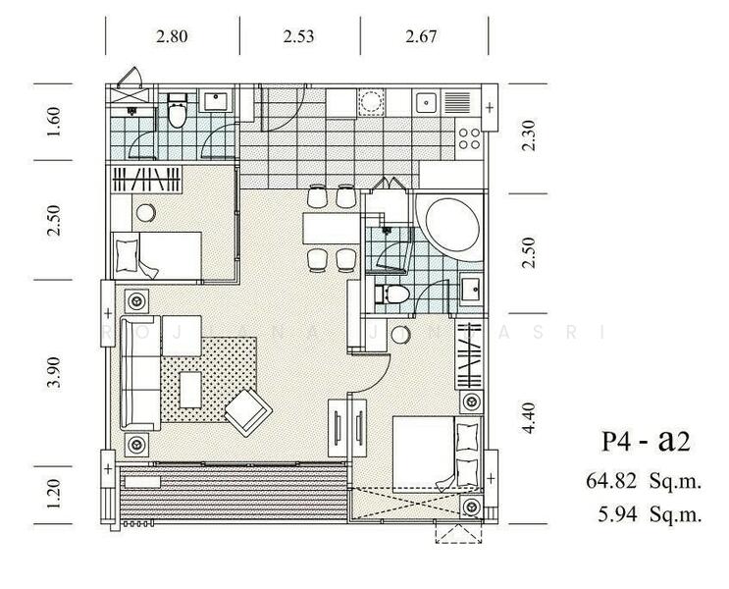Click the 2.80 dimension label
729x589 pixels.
tap(172, 38)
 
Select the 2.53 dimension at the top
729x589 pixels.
tap(298, 38)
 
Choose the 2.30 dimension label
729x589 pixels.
tap(531, 134)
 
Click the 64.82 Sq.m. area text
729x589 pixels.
tap(641, 481)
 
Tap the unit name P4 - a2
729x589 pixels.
tap(646, 441)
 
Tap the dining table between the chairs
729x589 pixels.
tap(329, 228)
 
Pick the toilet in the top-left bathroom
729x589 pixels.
tap(178, 112)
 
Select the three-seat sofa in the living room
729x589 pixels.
tap(139, 374)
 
